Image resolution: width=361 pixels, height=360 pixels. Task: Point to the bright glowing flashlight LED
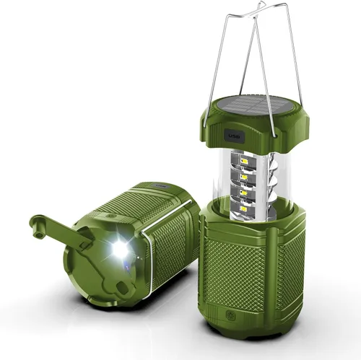click(119, 250)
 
